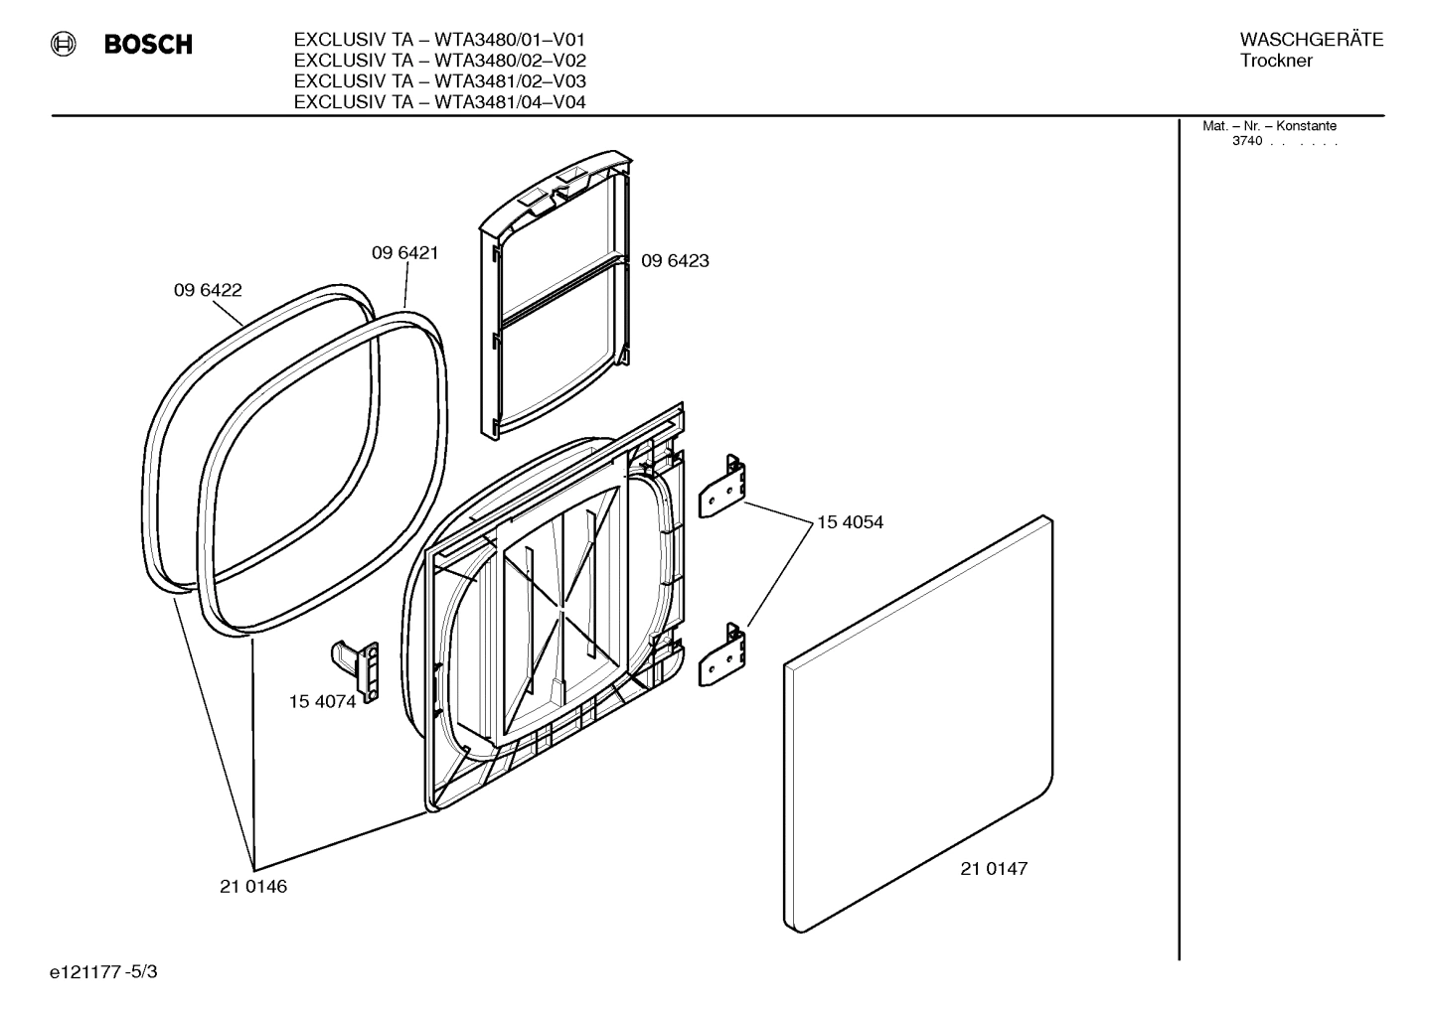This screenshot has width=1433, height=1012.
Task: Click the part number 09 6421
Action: [x=405, y=253]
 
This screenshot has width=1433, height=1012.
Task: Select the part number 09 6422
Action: [x=208, y=291]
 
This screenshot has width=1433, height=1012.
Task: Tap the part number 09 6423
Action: [x=675, y=261]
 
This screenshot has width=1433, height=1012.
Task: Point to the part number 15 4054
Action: [x=850, y=522]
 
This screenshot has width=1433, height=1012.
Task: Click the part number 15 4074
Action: [x=322, y=702]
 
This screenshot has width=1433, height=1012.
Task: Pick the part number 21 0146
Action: [x=253, y=887]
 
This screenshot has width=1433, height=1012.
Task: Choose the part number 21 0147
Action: [x=994, y=869]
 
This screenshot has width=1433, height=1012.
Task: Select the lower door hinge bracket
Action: [x=723, y=654]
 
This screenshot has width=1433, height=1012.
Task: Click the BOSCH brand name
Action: [x=148, y=45]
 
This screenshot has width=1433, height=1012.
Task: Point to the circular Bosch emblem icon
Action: [x=64, y=44]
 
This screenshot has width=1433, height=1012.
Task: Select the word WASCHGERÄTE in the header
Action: [x=1312, y=40]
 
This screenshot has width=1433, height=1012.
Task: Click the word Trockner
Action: [x=1276, y=62]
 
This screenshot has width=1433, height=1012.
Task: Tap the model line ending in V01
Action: [x=439, y=40]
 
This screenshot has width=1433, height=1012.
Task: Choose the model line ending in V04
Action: [x=439, y=101]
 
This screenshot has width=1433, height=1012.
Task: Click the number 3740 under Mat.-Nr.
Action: [x=1247, y=142]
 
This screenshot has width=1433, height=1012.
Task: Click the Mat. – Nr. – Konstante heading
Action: [x=1269, y=126]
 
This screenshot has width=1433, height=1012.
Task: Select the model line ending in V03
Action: [x=439, y=80]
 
